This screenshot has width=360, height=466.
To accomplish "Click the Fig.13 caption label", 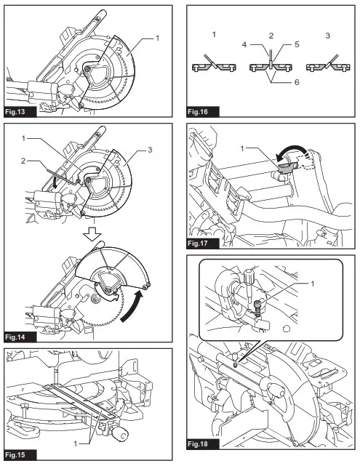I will [x=19, y=112].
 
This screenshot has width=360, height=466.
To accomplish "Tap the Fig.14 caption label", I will [x=19, y=337].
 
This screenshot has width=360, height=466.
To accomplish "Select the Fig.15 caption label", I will [x=19, y=455].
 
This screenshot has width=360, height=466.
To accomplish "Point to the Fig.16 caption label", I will [x=199, y=112].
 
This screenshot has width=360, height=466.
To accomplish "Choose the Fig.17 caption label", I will [x=199, y=244].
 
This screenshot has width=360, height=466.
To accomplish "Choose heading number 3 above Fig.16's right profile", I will [x=327, y=35].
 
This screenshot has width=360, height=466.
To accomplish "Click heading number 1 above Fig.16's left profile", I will [x=214, y=35].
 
